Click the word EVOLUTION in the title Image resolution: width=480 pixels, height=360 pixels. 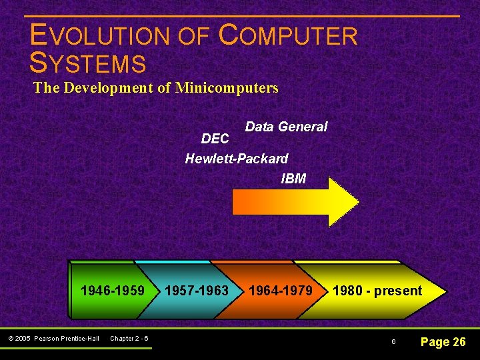tap(99, 36)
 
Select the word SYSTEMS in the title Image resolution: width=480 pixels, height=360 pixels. tap(88, 63)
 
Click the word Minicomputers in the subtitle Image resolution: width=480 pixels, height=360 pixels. tap(227, 87)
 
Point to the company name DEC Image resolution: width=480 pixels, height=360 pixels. tap(215, 139)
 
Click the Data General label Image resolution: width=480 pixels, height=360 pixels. tap(286, 127)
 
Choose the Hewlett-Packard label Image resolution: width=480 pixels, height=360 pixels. tap(237, 159)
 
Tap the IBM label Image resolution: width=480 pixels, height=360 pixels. tap(293, 179)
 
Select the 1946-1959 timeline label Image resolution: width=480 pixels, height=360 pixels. tap(112, 291)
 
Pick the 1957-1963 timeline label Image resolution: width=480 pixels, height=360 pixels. tap(196, 291)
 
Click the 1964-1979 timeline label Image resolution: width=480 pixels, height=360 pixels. tap(280, 291)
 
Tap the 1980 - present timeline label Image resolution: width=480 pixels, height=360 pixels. tap(377, 291)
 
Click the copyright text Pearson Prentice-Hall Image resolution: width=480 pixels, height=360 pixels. tap(66, 339)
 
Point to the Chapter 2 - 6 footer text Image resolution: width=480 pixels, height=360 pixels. tap(129, 339)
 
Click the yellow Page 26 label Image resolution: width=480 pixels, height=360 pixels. tap(443, 342)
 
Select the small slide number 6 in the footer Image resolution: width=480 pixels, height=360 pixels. tap(393, 342)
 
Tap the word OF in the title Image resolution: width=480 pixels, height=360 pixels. tap(193, 36)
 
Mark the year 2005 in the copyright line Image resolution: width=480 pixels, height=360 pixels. tap(24, 339)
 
